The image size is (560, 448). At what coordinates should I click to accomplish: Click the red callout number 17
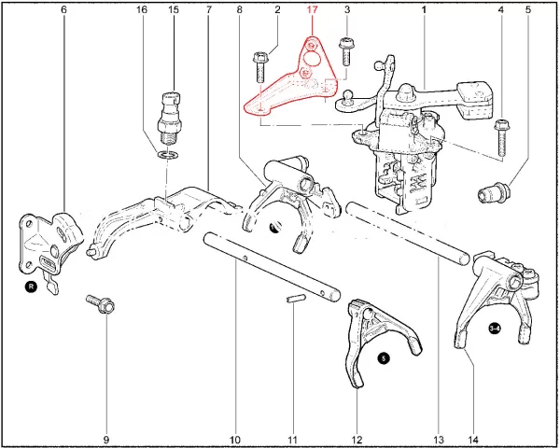(312, 9)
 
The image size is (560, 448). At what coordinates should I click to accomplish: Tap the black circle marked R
(31, 287)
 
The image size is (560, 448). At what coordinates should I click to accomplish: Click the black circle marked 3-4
(495, 329)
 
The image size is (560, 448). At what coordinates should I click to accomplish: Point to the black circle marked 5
(384, 358)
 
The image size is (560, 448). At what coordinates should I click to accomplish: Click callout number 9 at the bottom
(106, 440)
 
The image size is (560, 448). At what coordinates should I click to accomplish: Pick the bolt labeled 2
(259, 67)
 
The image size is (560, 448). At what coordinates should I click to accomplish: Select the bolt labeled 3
(345, 51)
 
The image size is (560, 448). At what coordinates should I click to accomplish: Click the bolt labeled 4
(502, 137)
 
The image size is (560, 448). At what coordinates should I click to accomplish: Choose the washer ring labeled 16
(167, 155)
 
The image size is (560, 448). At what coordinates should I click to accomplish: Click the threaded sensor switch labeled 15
(169, 118)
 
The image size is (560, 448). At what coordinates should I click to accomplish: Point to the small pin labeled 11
(296, 298)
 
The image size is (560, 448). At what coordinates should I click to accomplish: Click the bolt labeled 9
(101, 304)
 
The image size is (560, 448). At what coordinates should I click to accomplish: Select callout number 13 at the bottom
(439, 440)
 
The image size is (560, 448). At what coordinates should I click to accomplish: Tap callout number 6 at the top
(63, 9)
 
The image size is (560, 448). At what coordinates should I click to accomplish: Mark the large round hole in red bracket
(311, 58)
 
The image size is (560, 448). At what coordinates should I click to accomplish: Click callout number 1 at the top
(424, 9)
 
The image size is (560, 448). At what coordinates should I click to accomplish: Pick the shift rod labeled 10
(272, 266)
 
